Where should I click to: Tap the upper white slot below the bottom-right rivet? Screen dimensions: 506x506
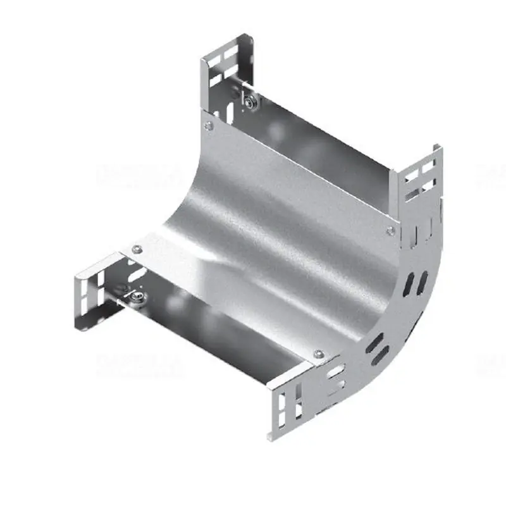point(336,370)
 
